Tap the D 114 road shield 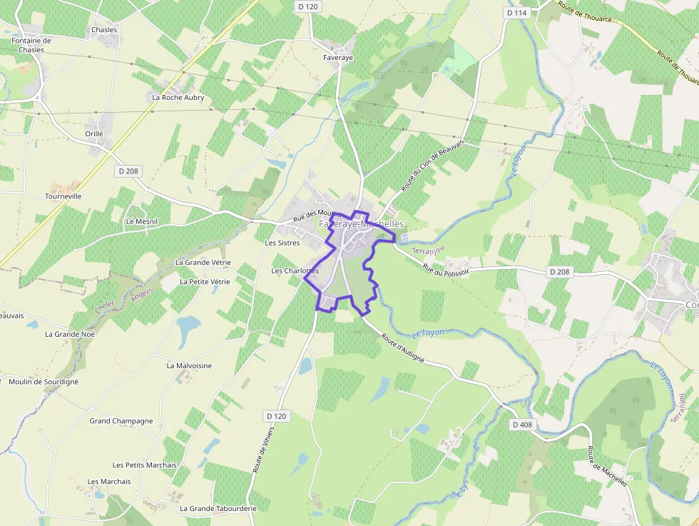click(516, 13)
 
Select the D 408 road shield click(522, 425)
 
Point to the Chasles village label click(104, 30)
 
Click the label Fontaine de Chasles click(31, 46)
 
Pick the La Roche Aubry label click(178, 98)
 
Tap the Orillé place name click(94, 133)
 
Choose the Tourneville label click(63, 196)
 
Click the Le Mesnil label click(141, 221)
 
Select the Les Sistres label click(282, 243)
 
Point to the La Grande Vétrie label click(203, 263)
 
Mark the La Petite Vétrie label click(205, 282)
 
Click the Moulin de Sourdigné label click(44, 382)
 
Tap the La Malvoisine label click(189, 365)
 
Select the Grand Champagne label click(121, 421)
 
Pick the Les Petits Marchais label click(145, 465)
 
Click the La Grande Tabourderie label click(218, 508)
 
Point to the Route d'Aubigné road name click(403, 348)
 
